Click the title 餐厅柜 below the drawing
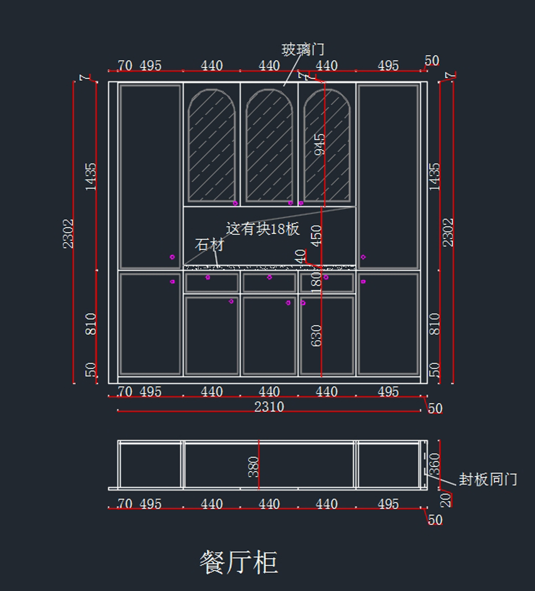point(239,562)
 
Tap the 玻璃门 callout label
point(303,49)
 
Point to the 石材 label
point(209,245)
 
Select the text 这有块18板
point(263,229)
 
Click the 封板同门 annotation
point(488,480)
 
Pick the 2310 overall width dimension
point(269,406)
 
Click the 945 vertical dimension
point(320,144)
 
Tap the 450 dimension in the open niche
point(316,236)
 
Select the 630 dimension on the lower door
point(316,335)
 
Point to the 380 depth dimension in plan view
point(253,467)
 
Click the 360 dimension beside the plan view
point(435,464)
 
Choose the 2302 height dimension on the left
point(68,233)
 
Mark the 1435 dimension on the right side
point(435,177)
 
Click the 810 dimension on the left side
point(91,324)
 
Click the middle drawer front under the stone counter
point(269,283)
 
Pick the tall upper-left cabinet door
point(150,176)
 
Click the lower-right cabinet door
point(388,324)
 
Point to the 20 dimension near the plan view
point(445,500)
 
